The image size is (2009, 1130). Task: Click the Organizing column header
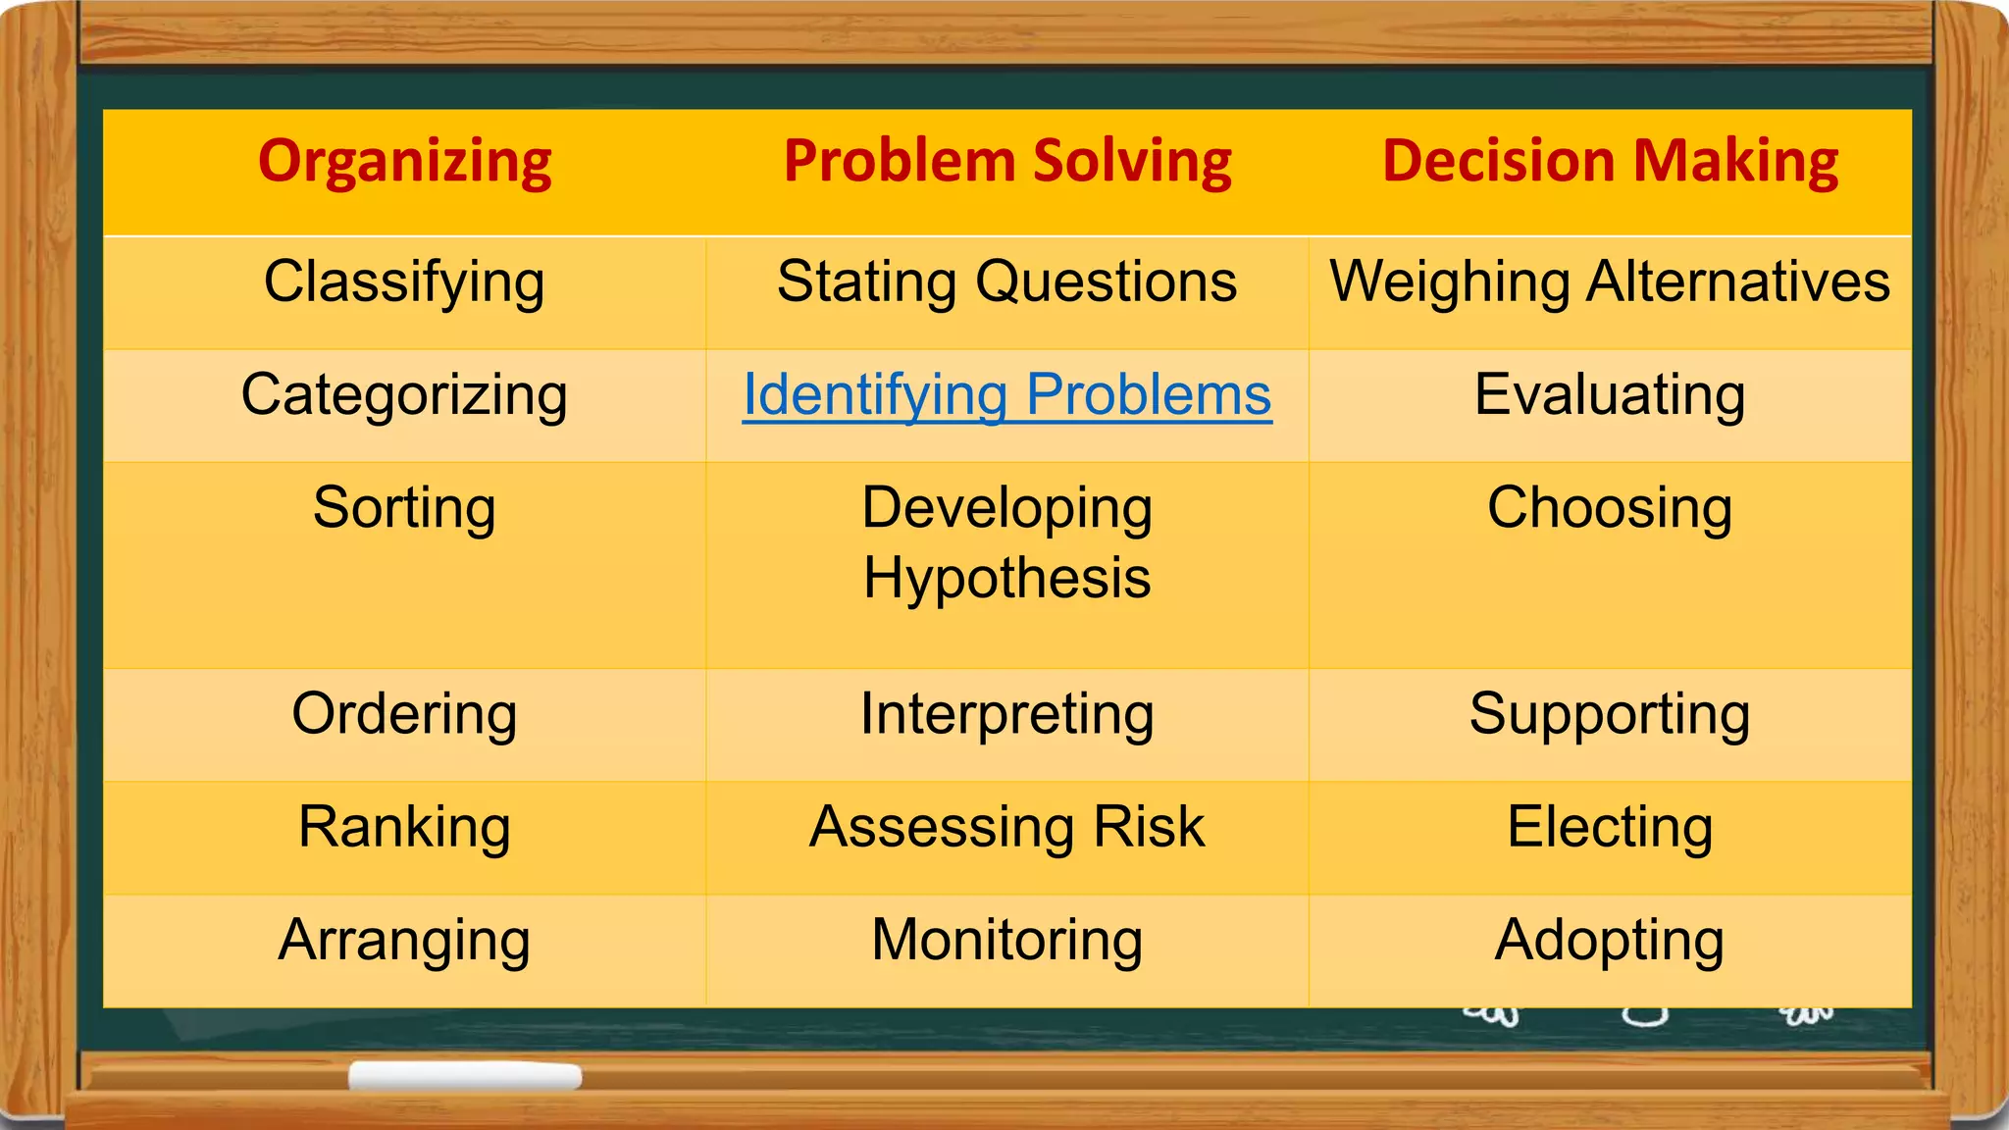pos(404,162)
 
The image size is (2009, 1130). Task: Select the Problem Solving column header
pos(1007,162)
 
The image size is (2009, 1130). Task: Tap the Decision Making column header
pos(1610,162)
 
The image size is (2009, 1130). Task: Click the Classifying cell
pos(404,282)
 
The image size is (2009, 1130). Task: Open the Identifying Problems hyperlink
pos(1007,395)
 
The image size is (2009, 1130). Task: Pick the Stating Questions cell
pos(1007,282)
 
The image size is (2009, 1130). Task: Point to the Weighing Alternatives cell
pos(1610,282)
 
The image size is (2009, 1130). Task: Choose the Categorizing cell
pos(404,395)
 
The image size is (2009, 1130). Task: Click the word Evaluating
pos(1610,395)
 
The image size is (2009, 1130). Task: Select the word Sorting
pos(404,508)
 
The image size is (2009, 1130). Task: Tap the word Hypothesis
pos(1007,578)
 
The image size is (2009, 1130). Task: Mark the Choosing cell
pos(1610,508)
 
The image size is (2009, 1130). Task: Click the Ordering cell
pos(404,714)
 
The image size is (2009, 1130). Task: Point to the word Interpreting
pos(1007,714)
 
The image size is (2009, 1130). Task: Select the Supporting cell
pos(1610,714)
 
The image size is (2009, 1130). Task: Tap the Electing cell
pos(1610,827)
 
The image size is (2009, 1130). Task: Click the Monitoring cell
pos(1007,940)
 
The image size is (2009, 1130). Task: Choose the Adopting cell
pos(1610,940)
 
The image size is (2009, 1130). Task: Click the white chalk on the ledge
pos(465,1076)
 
